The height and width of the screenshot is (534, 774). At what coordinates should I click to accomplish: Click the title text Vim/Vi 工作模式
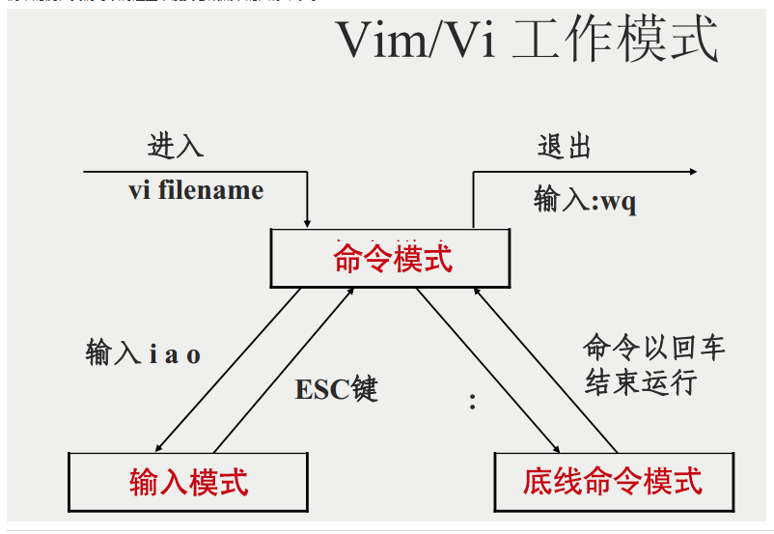527,41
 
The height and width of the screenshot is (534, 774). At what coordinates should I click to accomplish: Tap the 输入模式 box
189,480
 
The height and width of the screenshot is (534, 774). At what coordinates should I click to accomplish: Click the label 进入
176,146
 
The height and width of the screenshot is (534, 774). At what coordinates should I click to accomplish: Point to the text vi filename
196,189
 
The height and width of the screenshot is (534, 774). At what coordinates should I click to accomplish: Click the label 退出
565,146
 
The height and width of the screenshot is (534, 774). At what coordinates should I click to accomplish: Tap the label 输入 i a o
143,353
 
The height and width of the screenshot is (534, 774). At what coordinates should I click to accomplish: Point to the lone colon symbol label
472,401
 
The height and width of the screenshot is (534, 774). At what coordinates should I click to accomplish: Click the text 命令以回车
653,348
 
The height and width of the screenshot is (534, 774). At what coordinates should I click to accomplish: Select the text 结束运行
640,382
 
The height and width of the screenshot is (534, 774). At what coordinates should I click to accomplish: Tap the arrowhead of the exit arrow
691,172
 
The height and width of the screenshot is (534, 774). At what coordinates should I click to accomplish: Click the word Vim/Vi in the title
410,42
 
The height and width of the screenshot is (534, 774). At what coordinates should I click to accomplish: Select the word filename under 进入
212,189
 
